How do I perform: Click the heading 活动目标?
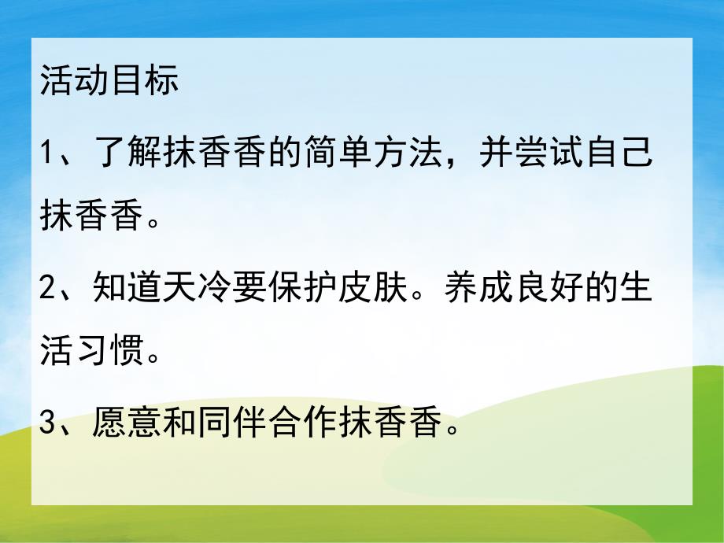coord(109,82)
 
